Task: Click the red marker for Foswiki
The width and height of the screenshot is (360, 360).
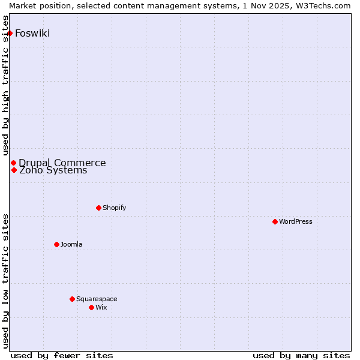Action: [10, 33]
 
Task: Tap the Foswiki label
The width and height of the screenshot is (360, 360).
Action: [32, 33]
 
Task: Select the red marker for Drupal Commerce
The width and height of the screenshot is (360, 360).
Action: [13, 163]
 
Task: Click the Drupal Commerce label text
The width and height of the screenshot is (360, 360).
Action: [62, 163]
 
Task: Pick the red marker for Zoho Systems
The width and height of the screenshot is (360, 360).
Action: [14, 170]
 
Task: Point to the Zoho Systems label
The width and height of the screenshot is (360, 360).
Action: [53, 170]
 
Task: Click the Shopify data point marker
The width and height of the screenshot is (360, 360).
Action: [98, 208]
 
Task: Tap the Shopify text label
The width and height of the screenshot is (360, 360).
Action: [114, 208]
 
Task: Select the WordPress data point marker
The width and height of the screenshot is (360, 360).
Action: [275, 221]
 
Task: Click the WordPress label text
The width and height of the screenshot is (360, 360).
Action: [296, 221]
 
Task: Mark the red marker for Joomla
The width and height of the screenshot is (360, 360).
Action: [56, 244]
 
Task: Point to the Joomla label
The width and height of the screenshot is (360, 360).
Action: [71, 244]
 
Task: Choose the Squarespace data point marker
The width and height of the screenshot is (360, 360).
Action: [72, 299]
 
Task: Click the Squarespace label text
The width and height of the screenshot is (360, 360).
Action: [97, 299]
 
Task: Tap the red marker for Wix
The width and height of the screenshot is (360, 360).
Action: [91, 307]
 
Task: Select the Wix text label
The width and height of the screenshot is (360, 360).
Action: [101, 307]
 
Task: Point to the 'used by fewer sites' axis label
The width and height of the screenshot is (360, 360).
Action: [62, 355]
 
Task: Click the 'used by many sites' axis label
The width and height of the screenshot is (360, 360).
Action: [301, 355]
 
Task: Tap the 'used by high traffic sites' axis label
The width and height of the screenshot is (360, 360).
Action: [6, 86]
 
